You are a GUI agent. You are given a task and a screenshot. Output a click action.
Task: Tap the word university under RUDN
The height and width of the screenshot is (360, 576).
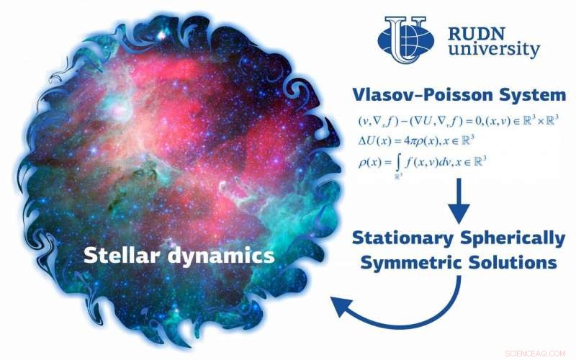click(x=493, y=50)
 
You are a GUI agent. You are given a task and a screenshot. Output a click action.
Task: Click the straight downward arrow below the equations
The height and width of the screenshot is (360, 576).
click(x=459, y=202)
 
